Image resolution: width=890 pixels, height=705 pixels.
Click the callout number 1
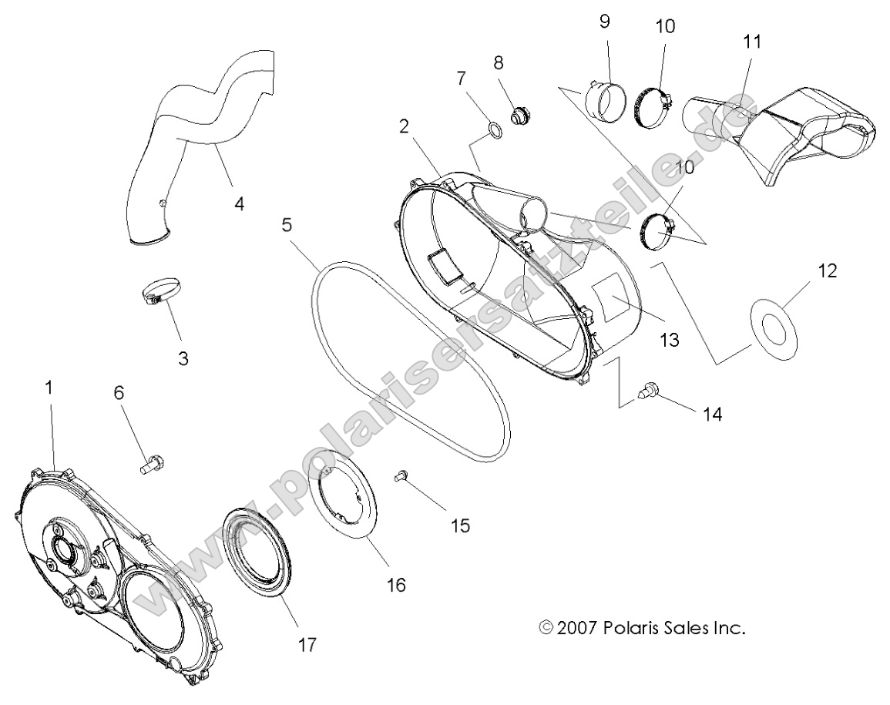[x=49, y=388]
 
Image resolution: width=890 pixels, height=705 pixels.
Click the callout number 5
[x=287, y=226]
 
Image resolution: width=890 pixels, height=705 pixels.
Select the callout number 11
[x=752, y=42]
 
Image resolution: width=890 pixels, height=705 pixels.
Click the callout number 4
[x=240, y=204]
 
